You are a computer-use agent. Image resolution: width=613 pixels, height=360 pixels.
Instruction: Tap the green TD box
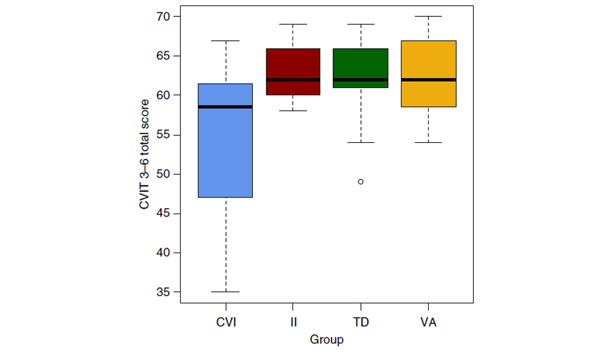coord(361,64)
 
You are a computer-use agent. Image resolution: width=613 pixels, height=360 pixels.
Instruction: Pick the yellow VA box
coord(428,61)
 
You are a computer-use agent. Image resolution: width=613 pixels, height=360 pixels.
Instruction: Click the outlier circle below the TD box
coord(361,181)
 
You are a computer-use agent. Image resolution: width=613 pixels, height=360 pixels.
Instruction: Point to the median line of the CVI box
coord(226,107)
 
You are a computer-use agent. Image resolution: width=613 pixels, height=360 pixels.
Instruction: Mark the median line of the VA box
coord(428,79)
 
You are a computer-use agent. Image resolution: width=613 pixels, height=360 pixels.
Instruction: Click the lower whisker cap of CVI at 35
coord(226,292)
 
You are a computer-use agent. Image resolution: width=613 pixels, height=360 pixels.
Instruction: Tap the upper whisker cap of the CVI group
coord(226,41)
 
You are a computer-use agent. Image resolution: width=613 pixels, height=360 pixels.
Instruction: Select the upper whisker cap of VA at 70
coord(428,16)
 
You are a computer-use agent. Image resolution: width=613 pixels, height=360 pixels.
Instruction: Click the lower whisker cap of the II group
coord(293,111)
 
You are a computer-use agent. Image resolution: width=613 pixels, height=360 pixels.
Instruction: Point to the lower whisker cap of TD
coord(361,142)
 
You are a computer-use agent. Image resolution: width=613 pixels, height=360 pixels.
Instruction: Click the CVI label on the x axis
coord(226,322)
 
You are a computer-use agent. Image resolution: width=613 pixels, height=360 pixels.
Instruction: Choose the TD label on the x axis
coord(361,322)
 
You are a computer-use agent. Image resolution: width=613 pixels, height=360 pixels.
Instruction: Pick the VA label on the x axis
coord(428,322)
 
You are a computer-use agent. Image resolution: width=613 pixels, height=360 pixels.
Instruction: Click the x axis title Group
coord(327,340)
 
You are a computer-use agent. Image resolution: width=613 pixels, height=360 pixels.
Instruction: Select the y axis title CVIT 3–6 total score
coord(145,154)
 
